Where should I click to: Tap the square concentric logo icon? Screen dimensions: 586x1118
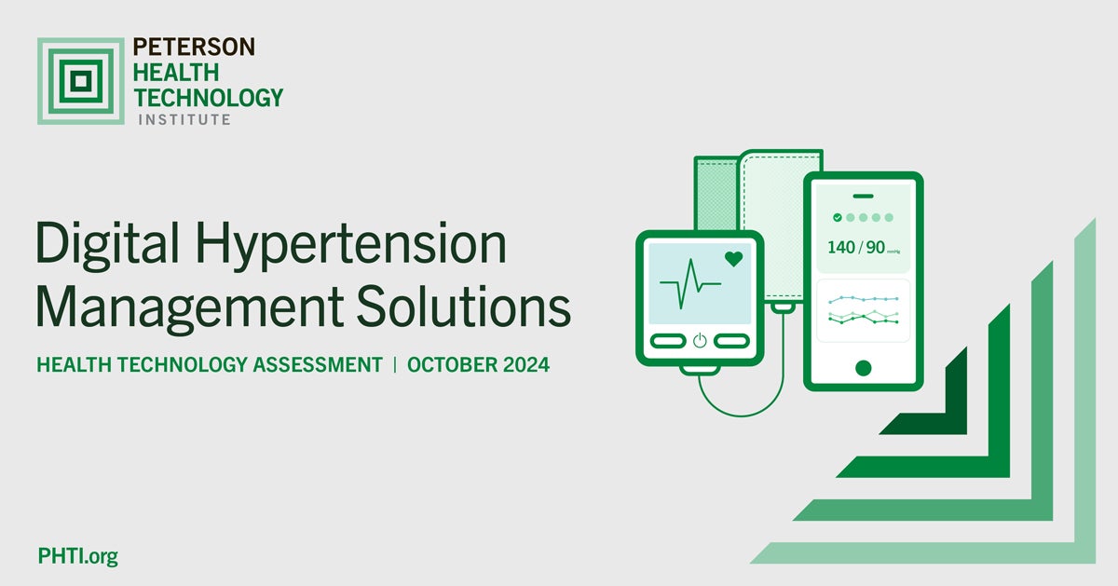[x=80, y=81]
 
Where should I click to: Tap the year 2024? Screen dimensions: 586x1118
[x=525, y=364]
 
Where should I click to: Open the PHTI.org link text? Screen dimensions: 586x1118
[x=77, y=557]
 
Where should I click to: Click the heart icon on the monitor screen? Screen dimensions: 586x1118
[x=734, y=259]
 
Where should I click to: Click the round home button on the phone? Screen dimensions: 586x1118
[x=864, y=367]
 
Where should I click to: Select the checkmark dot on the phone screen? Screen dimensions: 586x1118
[x=838, y=217]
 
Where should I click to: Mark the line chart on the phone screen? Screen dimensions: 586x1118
[x=864, y=310]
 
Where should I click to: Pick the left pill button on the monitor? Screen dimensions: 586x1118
[x=667, y=341]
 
